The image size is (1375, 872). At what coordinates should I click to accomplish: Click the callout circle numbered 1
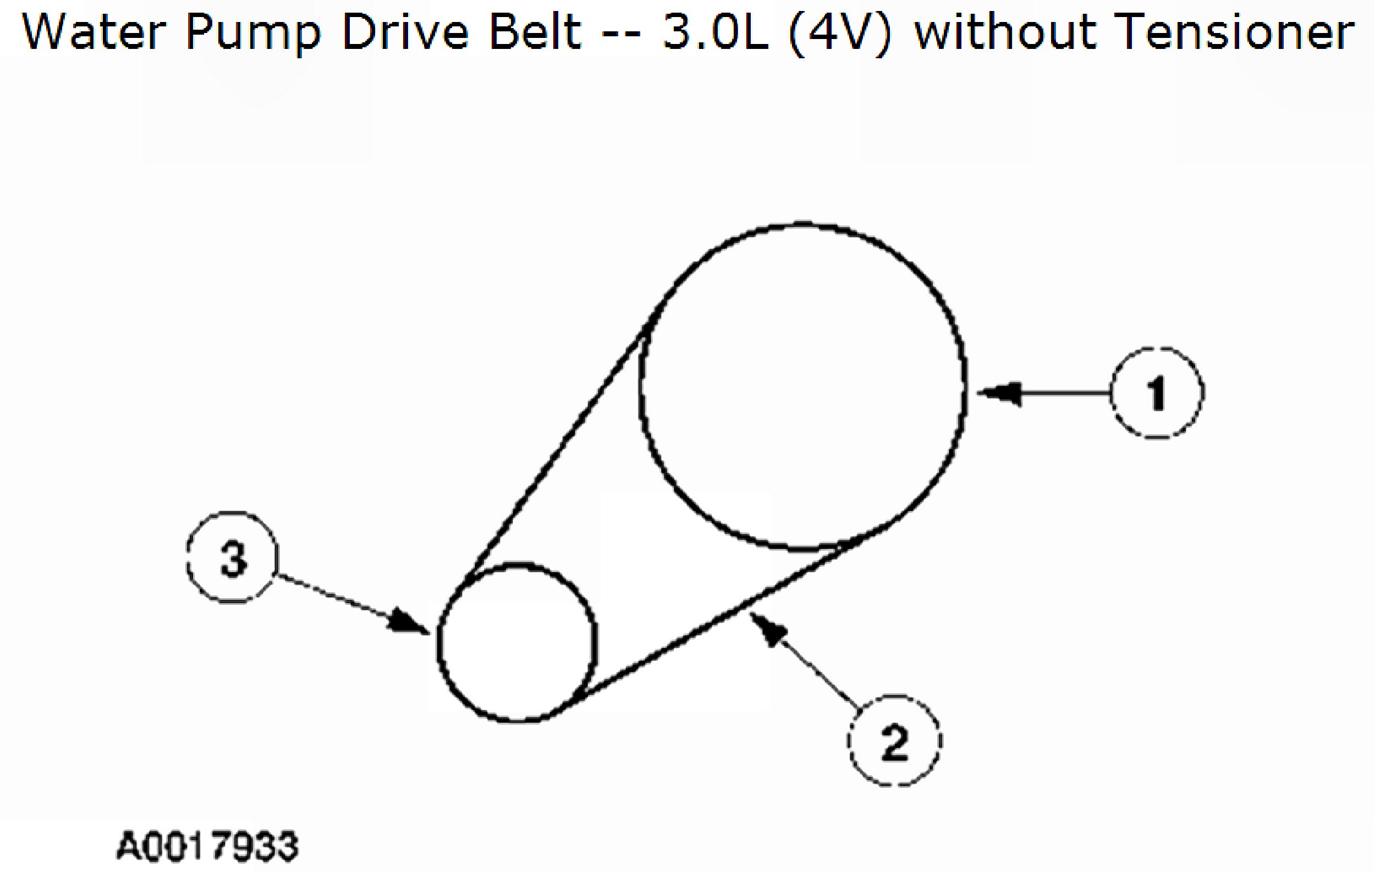[1157, 393]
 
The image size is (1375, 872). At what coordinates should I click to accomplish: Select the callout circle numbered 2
[894, 741]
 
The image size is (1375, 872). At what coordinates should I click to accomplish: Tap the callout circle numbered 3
[233, 558]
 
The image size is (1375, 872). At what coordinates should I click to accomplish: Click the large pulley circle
[802, 387]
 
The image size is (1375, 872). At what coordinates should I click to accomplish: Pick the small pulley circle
[518, 643]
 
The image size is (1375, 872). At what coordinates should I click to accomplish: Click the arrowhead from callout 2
[771, 631]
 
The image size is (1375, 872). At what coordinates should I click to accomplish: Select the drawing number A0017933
[207, 846]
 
